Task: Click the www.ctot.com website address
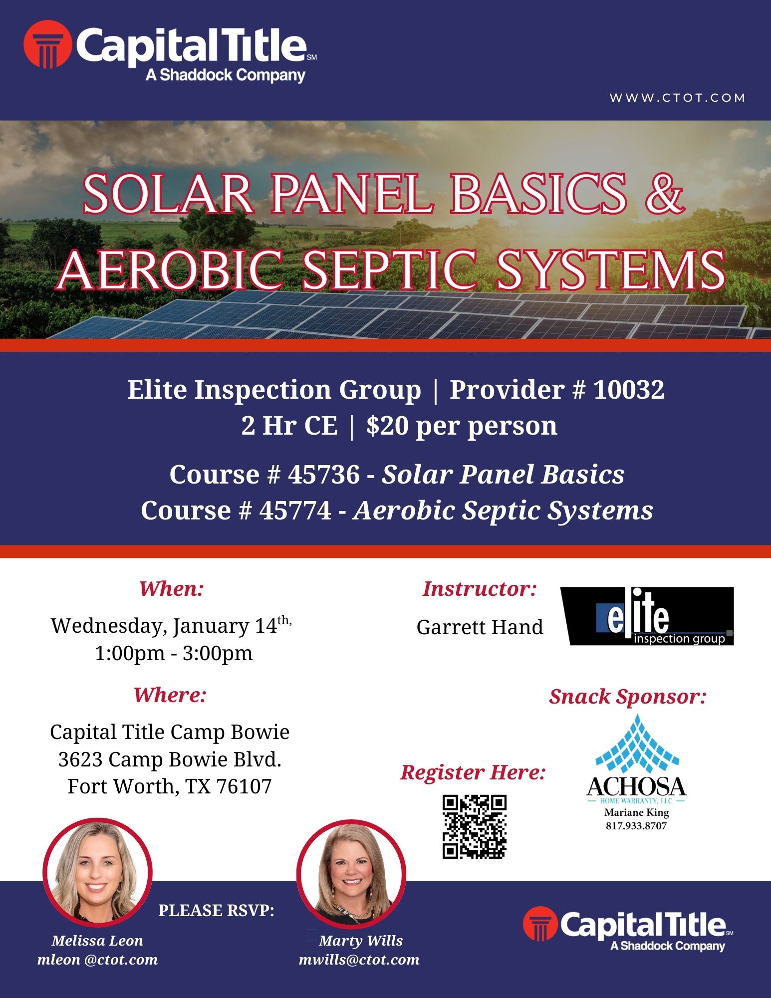point(677,98)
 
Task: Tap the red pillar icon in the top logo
point(47,44)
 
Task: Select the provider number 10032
point(629,389)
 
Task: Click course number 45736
point(323,474)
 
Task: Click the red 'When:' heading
point(172,589)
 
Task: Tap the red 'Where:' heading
point(170,695)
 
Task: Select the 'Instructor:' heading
point(480,589)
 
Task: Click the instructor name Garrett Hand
point(480,627)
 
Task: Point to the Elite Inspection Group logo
point(647,616)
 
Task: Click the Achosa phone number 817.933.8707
point(636,826)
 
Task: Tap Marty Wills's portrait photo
point(351,873)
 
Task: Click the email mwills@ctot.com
point(359,960)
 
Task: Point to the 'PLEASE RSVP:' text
point(217,911)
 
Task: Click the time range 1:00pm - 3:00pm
point(174,653)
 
